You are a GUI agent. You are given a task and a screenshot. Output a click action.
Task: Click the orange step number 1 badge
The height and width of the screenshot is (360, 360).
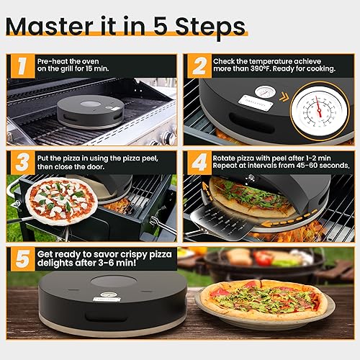(x=21, y=66)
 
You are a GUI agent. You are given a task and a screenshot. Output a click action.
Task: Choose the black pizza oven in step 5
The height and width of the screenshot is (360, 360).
(x=101, y=302)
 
